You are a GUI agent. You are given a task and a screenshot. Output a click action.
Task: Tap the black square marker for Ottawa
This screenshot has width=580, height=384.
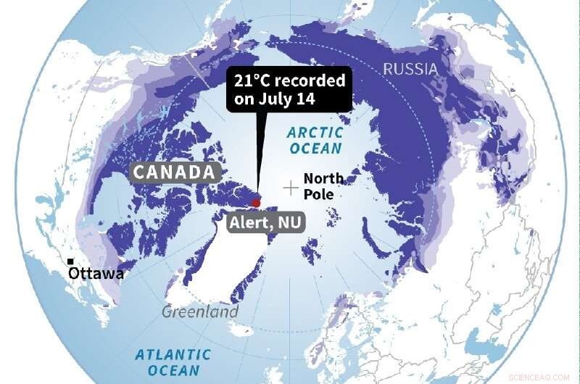(70, 262)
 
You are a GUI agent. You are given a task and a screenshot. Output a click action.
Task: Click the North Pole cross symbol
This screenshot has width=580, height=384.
(291, 188)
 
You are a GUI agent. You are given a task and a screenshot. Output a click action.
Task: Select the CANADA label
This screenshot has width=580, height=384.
(175, 172)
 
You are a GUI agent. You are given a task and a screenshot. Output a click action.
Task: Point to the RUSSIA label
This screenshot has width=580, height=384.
(410, 69)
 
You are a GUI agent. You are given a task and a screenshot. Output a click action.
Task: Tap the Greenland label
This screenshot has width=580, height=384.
(200, 312)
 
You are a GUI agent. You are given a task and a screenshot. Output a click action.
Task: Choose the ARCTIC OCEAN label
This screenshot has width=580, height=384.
(314, 141)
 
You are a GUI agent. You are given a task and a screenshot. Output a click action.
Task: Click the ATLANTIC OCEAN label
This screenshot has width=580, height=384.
(173, 362)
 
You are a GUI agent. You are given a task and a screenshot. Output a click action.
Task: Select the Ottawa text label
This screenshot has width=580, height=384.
(96, 274)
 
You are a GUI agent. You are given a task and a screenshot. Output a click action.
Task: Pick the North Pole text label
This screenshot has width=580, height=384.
(323, 186)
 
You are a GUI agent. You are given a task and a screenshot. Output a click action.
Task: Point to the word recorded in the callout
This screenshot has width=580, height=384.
(311, 80)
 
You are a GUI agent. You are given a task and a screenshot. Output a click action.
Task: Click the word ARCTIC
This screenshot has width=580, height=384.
(314, 133)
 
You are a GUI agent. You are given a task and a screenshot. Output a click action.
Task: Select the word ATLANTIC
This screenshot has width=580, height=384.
(173, 354)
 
